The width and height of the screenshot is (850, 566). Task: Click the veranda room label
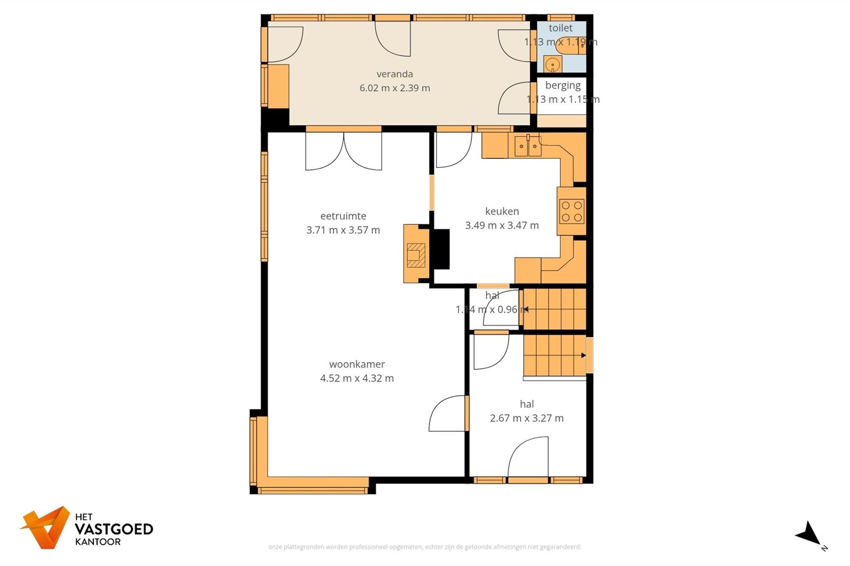coord(394,74)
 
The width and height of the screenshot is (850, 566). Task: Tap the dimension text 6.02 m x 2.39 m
coord(394,88)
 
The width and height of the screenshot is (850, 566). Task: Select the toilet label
coord(560,28)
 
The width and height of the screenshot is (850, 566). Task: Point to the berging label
coord(563,85)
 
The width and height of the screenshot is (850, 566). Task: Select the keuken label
coord(502,211)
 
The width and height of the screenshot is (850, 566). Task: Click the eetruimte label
coord(343,216)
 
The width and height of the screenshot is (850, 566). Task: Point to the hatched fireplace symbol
coord(416,255)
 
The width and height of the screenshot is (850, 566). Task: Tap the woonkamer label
coord(357,364)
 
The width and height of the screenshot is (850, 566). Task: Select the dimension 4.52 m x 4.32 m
coord(357,378)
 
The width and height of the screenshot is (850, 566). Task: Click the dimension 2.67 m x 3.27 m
coord(527,418)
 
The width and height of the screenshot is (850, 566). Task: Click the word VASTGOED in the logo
coord(114,529)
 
